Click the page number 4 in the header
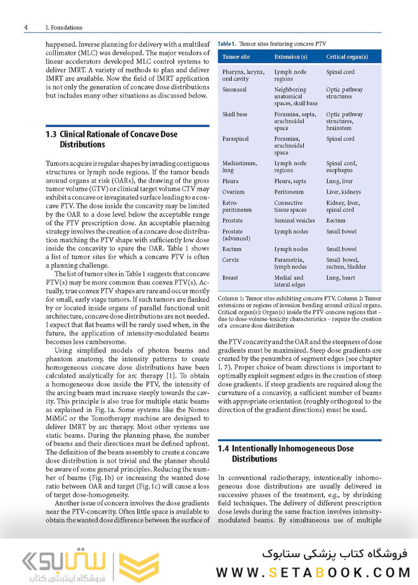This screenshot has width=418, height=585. point(26,27)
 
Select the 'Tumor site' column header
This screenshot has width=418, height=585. point(236,57)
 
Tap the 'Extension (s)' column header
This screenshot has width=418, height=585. point(291,57)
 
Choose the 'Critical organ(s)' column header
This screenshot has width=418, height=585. point(347,57)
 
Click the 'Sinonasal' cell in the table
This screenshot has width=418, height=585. point(234,90)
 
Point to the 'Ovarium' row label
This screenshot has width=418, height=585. point(233,192)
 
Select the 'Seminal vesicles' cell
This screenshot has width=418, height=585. point(296,220)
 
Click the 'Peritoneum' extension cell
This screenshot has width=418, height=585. point(289,192)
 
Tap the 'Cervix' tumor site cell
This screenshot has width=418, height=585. point(231,260)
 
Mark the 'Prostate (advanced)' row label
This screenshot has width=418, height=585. point(236,235)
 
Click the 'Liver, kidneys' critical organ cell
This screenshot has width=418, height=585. point(343,192)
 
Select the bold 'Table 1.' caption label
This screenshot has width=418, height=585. point(226,43)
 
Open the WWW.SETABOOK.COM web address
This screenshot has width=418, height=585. point(313,572)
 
